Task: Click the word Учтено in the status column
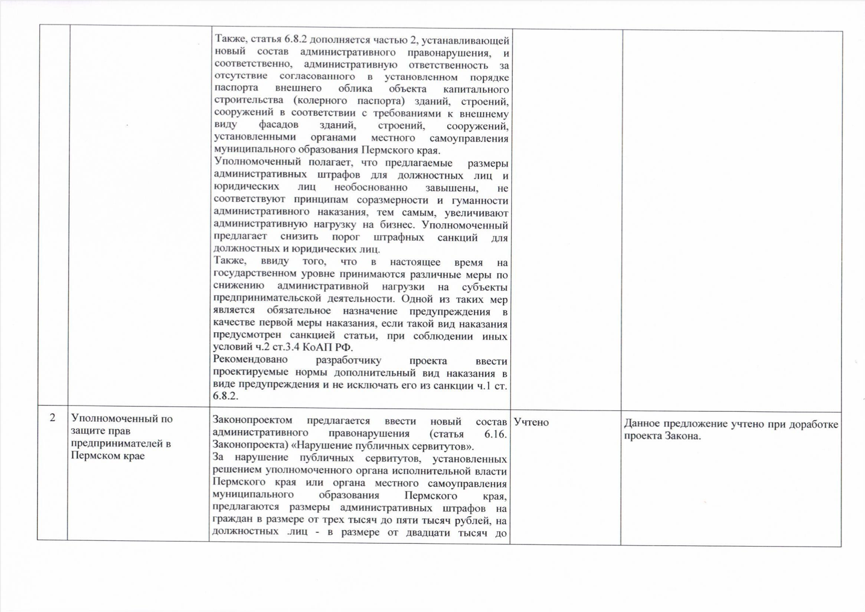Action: (532, 422)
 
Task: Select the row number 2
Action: (52, 418)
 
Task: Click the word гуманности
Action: (482, 201)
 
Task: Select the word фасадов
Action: (278, 125)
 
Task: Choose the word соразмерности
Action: (390, 201)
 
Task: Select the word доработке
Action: (814, 424)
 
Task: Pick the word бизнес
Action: (398, 226)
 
